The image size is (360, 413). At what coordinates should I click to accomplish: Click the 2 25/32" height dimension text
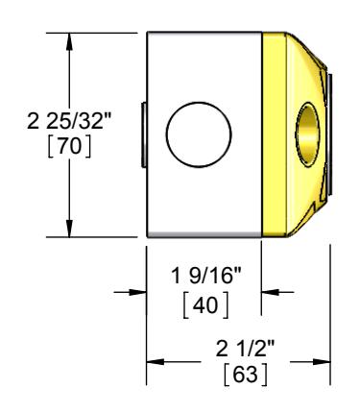point(69,121)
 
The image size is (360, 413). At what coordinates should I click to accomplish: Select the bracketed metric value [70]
point(69,147)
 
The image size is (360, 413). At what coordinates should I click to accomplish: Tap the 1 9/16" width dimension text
point(206,276)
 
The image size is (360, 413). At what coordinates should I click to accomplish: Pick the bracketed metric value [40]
point(206,304)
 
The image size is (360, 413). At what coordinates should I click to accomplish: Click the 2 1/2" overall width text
point(245,349)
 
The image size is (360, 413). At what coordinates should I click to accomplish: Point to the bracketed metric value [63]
point(245,375)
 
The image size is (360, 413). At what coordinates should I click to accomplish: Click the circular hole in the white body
point(199,134)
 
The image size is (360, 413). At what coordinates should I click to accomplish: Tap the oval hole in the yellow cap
point(307,134)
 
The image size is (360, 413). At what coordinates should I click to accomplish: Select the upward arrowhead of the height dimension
point(69,41)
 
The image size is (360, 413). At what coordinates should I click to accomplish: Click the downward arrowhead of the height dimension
point(69,229)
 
